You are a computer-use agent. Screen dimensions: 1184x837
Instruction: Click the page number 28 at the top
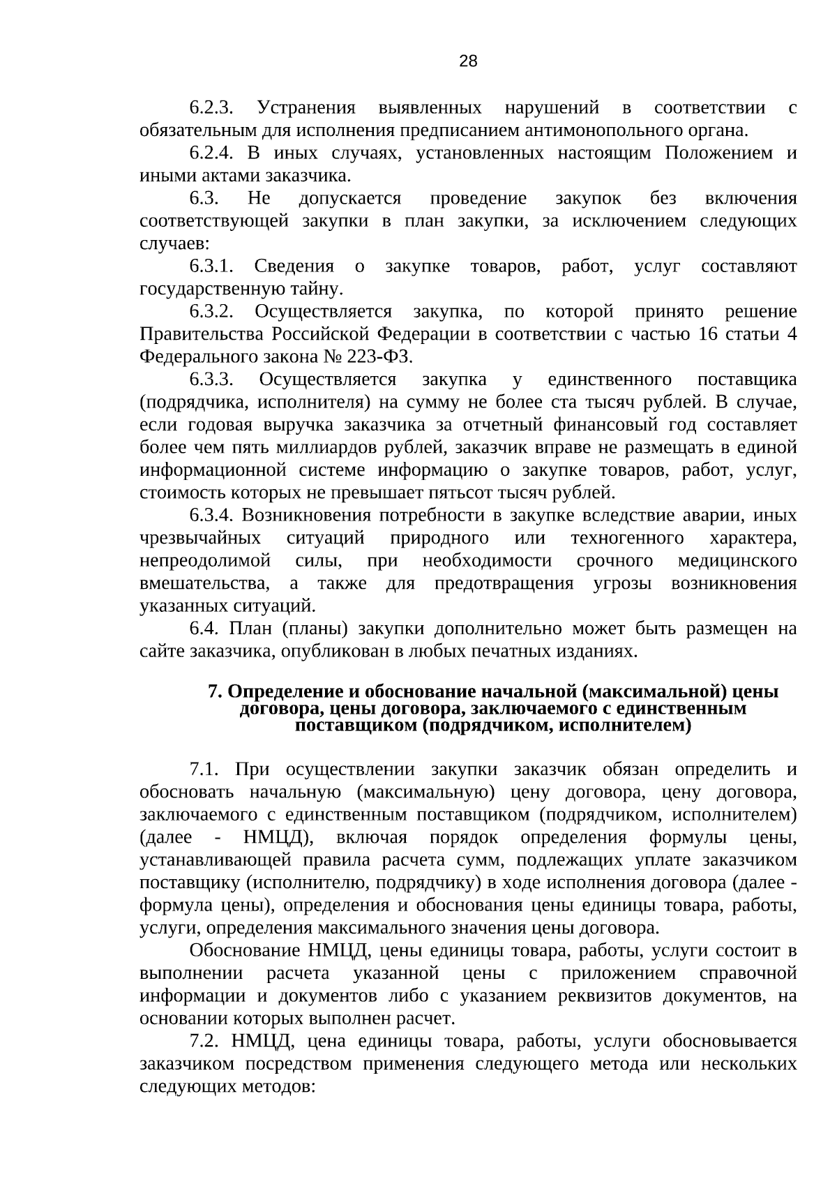(468, 61)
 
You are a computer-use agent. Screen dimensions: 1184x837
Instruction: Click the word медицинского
(737, 561)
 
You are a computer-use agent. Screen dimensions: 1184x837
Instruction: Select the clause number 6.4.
(204, 629)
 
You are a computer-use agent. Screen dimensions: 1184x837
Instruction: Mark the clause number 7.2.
(204, 1041)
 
